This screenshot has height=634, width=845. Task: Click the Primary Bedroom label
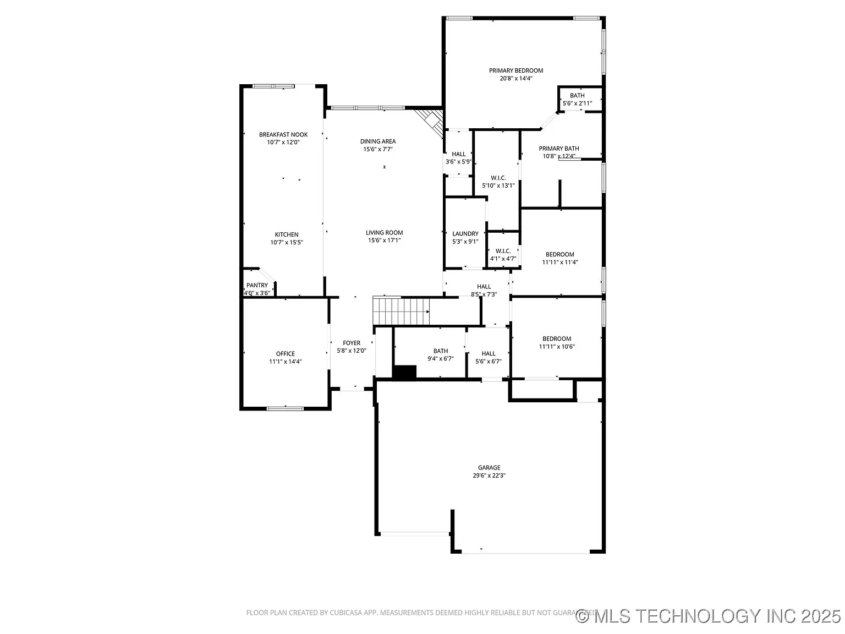pos(516,70)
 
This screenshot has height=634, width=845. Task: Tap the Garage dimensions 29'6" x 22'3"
pos(489,475)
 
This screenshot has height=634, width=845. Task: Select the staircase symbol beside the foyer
pos(401,311)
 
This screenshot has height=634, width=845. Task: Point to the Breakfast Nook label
pos(283,134)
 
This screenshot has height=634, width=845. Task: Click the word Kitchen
pos(287,234)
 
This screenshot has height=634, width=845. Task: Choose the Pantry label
pos(257,285)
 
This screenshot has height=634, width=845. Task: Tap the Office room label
pos(286,354)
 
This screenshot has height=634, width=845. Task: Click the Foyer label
pos(352,343)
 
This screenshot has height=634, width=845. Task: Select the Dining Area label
pos(378,141)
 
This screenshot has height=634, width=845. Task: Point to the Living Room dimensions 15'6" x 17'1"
pos(384,241)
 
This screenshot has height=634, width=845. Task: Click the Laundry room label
pos(465,234)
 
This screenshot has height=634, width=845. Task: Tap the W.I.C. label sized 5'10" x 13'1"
pos(498,178)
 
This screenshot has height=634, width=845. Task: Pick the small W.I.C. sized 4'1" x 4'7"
pos(503,251)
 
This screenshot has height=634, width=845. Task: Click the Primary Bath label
pos(559,149)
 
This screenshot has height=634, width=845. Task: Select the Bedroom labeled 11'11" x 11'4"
pos(560,254)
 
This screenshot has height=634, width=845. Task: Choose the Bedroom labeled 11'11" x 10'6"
pos(557,339)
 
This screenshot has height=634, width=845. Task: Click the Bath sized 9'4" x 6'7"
pos(441,351)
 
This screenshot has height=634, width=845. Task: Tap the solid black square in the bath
pos(405,372)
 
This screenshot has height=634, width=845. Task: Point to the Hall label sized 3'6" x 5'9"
pos(459,154)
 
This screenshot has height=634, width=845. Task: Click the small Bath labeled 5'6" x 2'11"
pos(577,96)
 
